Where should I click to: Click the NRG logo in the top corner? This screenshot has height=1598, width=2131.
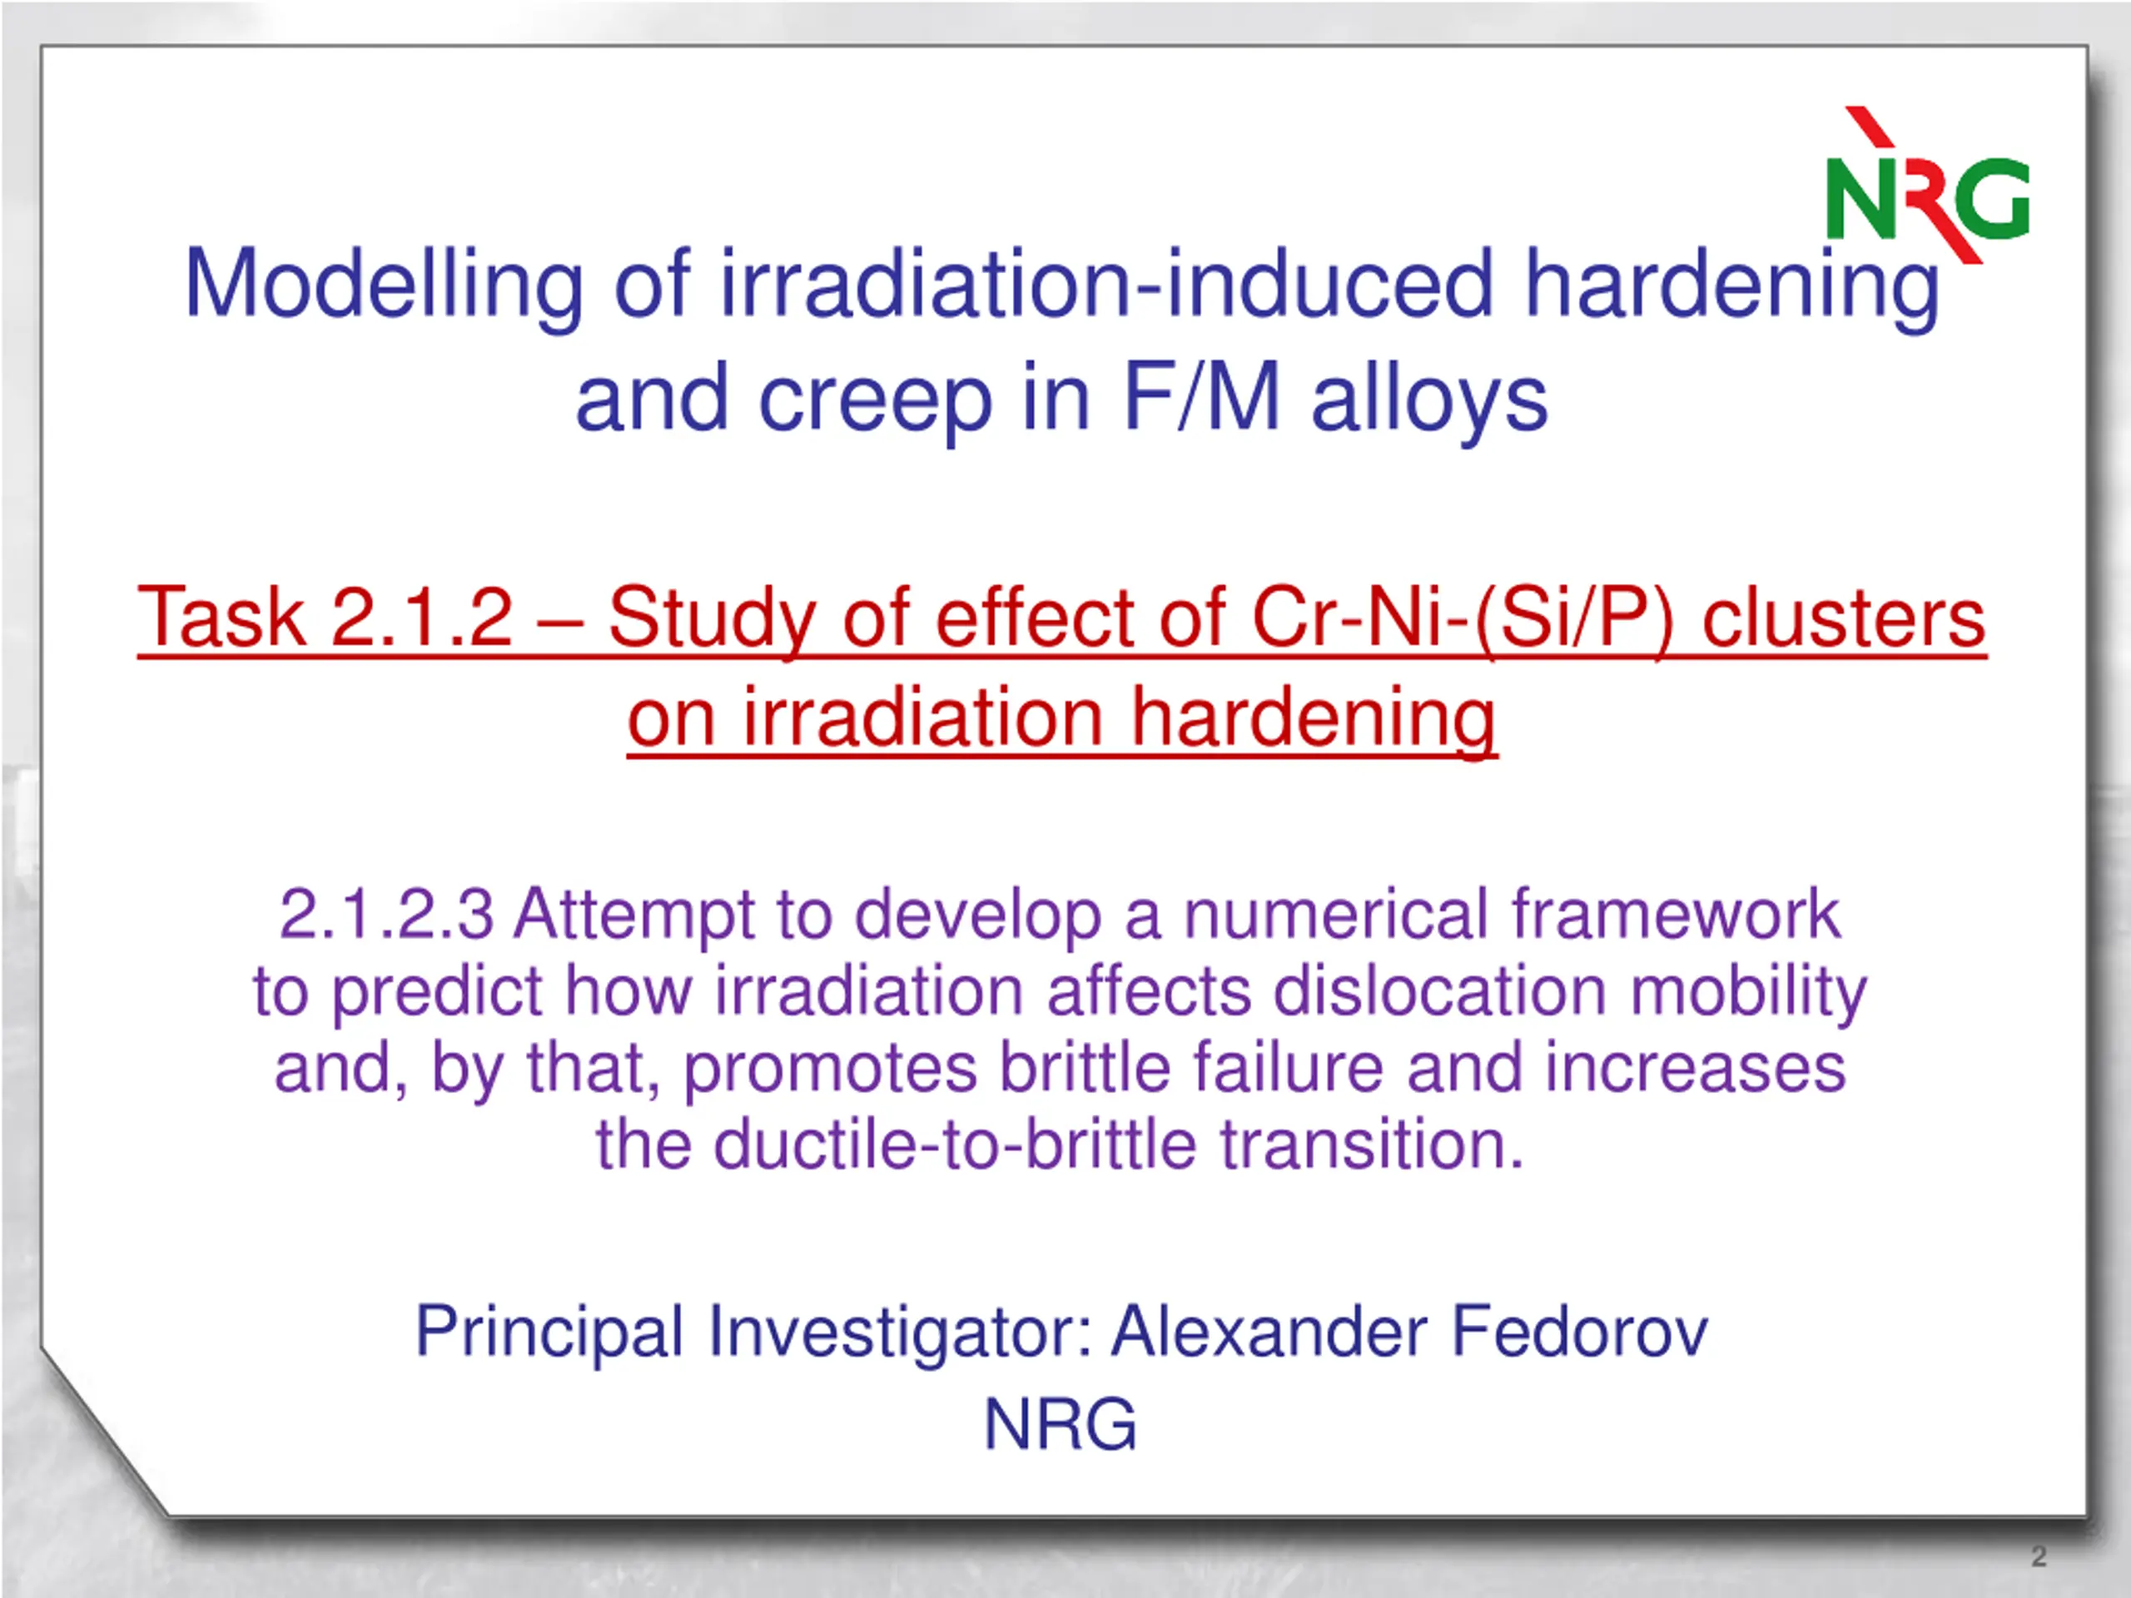click(1928, 185)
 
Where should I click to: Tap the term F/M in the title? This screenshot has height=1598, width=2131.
click(1201, 397)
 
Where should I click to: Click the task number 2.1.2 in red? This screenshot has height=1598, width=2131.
click(422, 618)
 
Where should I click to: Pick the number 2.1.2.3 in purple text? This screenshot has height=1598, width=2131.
click(386, 913)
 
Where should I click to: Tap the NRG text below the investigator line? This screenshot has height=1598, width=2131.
click(1060, 1424)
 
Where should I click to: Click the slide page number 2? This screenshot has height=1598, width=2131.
click(2039, 1556)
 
